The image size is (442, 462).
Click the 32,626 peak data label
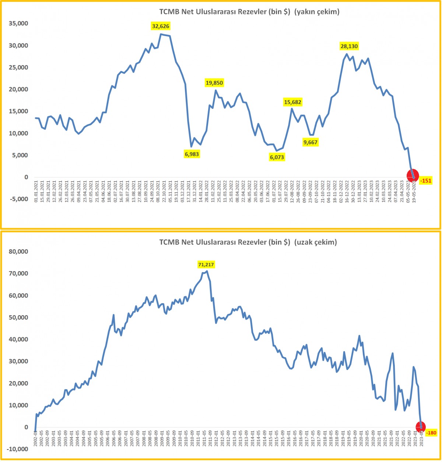(x=161, y=26)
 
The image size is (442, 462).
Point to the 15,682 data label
(x=295, y=102)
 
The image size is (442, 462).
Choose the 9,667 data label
(x=310, y=142)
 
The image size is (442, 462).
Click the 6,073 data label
(x=277, y=157)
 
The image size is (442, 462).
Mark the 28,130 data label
(x=348, y=46)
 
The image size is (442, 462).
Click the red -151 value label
(x=427, y=181)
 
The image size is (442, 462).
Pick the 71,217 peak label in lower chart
(x=206, y=264)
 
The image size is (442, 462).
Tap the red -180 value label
(x=431, y=433)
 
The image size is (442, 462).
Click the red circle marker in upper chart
(x=413, y=175)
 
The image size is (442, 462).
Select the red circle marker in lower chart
(x=420, y=427)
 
